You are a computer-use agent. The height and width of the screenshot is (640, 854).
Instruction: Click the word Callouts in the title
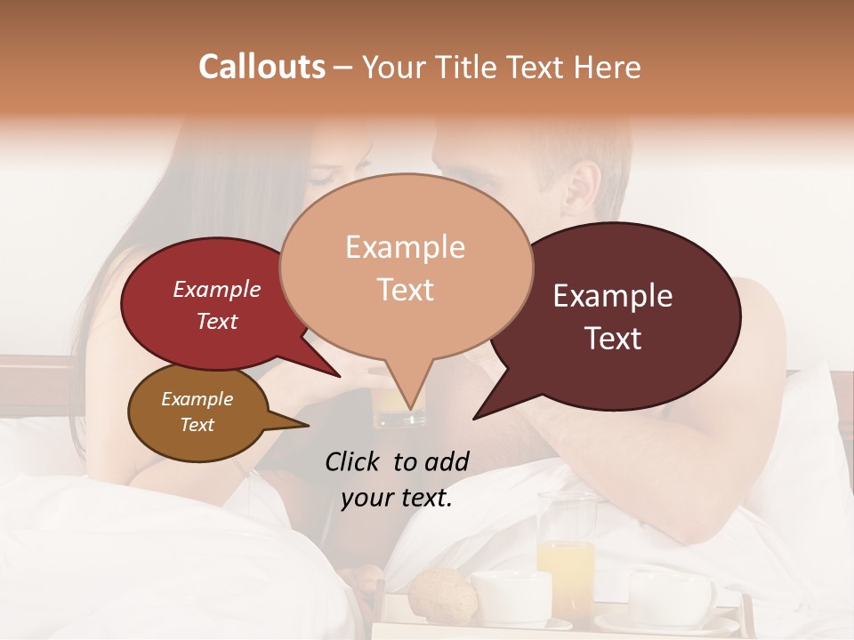click(x=262, y=67)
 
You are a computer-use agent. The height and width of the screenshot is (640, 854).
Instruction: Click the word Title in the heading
click(x=469, y=68)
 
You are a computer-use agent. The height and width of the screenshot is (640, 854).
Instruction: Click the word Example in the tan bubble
click(x=405, y=247)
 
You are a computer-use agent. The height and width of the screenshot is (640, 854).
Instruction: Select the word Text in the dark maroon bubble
click(x=614, y=339)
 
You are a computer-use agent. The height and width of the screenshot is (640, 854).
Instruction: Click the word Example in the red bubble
click(x=216, y=290)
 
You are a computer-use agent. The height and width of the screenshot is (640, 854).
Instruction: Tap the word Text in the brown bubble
click(x=197, y=425)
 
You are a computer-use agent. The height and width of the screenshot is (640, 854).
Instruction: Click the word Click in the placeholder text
click(x=353, y=461)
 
